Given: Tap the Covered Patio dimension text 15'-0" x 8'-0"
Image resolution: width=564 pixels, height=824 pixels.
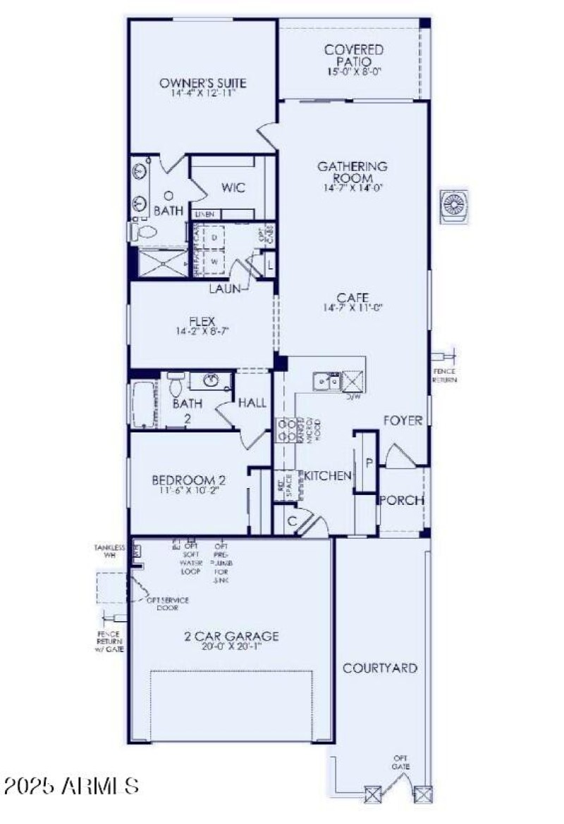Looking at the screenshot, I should [354, 72].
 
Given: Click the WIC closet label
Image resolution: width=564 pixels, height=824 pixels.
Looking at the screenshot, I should [233, 188].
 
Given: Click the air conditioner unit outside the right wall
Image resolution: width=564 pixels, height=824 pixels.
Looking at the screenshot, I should [452, 206].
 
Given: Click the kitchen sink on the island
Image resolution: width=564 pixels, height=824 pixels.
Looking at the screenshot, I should [326, 381].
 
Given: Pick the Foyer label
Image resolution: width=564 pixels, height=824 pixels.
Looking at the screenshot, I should [403, 420].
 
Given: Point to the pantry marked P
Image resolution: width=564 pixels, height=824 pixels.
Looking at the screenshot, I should [368, 463].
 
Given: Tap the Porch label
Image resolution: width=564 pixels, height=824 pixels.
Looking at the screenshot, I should [401, 501].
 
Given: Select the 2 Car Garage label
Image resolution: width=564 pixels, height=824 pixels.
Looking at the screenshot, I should [231, 637].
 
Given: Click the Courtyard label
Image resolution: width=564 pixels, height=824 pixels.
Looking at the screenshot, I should [379, 668].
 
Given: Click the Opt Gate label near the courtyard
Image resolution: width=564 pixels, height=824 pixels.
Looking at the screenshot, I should [402, 762].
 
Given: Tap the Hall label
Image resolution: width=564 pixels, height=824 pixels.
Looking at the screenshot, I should [252, 403].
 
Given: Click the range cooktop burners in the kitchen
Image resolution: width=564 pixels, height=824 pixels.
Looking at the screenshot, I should [286, 430].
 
